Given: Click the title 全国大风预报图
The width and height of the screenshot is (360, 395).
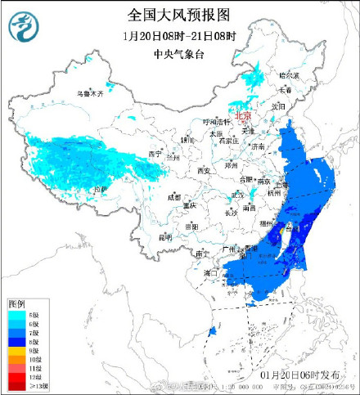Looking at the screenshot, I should click(178, 15).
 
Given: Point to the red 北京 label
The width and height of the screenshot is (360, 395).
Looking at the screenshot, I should click(242, 116).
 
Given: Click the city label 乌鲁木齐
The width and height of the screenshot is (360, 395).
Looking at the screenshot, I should click(91, 93).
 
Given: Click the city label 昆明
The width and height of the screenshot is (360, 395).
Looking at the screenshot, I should click(165, 236).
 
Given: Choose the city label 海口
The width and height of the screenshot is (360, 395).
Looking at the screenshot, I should click(212, 272).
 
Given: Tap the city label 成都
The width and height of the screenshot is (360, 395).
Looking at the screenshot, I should click(173, 197).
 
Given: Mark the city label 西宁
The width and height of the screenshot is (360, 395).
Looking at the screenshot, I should click(155, 154).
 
